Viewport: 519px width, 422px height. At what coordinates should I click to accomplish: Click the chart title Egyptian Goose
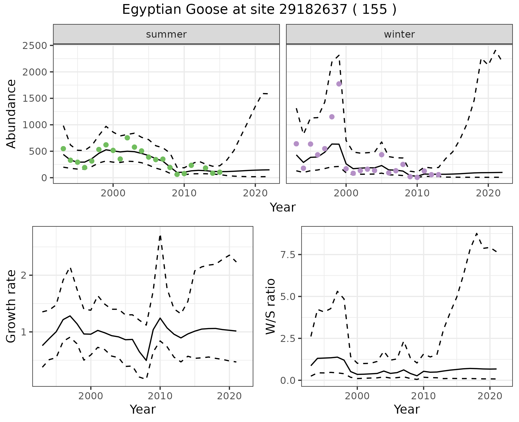(x=259, y=10)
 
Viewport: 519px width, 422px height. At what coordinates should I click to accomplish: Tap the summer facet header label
(x=166, y=34)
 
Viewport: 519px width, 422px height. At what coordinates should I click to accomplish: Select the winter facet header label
(x=399, y=34)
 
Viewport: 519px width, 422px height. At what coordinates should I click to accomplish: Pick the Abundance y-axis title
(x=11, y=114)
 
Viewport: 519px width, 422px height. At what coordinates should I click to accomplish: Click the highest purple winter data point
(x=339, y=84)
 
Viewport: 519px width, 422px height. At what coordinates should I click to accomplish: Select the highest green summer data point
(x=127, y=138)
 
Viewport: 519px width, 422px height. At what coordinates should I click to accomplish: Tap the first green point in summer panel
(x=63, y=149)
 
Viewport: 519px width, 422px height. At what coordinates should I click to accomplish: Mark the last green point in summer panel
(x=220, y=172)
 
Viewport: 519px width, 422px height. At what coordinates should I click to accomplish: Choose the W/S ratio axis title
(x=270, y=306)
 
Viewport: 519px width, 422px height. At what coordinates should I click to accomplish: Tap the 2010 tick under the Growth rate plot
(x=160, y=396)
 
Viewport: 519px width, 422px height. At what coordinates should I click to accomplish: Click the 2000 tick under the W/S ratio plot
(x=357, y=396)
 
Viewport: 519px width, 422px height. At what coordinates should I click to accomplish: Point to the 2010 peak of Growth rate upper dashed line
(x=160, y=236)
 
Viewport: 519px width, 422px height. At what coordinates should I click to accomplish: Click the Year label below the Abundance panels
(x=283, y=207)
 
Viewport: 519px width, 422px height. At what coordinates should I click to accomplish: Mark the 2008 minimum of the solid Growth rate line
(x=146, y=360)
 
